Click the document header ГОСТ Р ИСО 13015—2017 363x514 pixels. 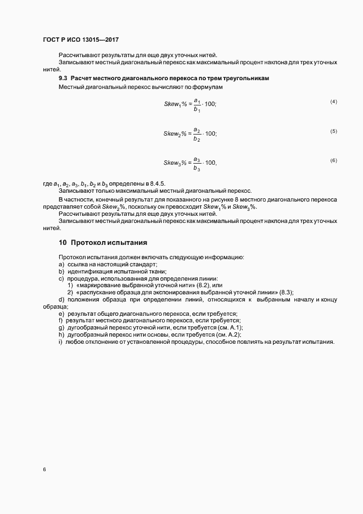click(81, 40)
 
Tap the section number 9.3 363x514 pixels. click(63, 79)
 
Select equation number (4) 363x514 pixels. click(333, 102)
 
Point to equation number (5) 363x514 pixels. click(333, 131)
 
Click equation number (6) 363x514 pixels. click(333, 160)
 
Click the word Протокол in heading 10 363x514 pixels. click(88, 242)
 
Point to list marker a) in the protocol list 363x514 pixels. click(61, 264)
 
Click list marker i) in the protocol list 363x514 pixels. click(60, 342)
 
